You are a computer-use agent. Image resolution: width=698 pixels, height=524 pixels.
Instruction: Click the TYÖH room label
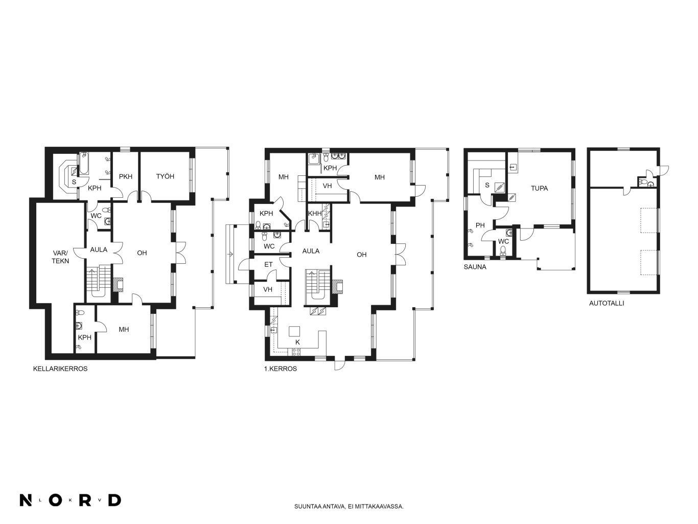[x=165, y=176]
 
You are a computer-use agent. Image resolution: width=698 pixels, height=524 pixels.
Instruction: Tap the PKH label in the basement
[x=126, y=176]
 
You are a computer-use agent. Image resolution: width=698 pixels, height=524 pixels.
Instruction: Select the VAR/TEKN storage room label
[x=60, y=257]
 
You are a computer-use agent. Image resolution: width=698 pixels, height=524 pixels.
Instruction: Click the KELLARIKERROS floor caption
[x=60, y=369]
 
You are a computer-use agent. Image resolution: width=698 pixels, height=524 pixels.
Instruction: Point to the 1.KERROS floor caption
[x=281, y=369]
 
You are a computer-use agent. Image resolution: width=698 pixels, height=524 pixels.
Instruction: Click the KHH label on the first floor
[x=315, y=214]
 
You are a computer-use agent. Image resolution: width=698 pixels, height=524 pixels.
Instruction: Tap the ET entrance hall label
[x=268, y=264]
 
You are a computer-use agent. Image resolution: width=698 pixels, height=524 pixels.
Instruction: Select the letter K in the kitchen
[x=297, y=343]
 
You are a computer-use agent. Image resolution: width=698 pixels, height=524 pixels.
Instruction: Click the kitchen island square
[x=294, y=331]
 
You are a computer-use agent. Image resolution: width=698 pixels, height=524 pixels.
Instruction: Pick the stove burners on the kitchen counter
[x=296, y=352]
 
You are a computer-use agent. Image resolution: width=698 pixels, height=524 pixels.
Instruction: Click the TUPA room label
[x=539, y=188]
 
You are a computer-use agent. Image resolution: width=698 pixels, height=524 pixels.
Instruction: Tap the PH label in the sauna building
[x=480, y=225]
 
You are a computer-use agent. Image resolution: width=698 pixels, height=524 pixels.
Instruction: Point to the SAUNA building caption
[x=475, y=267]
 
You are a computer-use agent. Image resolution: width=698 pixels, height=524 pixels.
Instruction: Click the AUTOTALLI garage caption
[x=607, y=303]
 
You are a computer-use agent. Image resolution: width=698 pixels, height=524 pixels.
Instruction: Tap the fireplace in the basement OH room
[x=119, y=285]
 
